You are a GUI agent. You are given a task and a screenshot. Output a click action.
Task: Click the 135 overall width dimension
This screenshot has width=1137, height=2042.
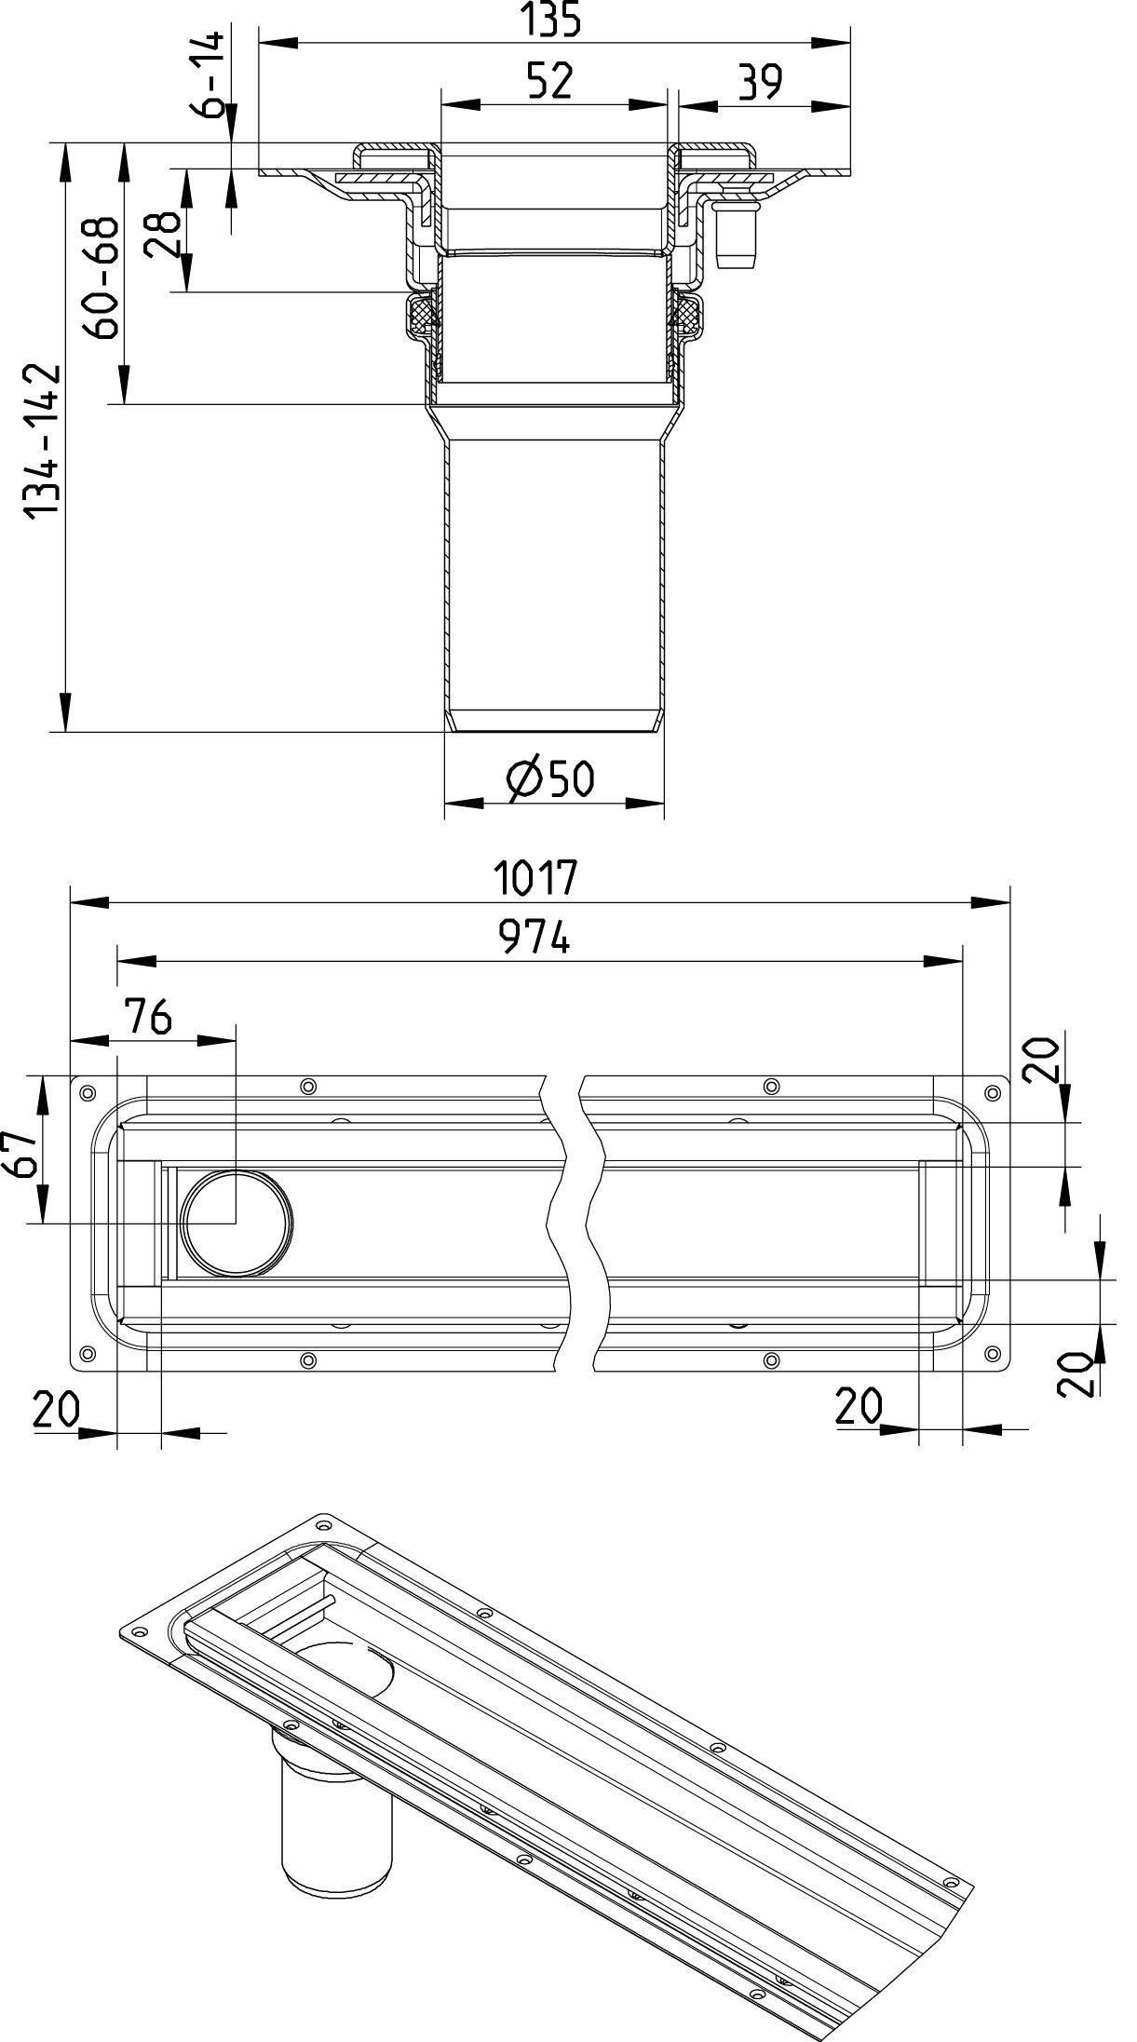tap(554, 20)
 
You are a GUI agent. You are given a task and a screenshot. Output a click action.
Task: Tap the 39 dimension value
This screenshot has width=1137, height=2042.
tap(761, 83)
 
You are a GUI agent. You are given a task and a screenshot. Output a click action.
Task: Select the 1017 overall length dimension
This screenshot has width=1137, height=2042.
tap(536, 877)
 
